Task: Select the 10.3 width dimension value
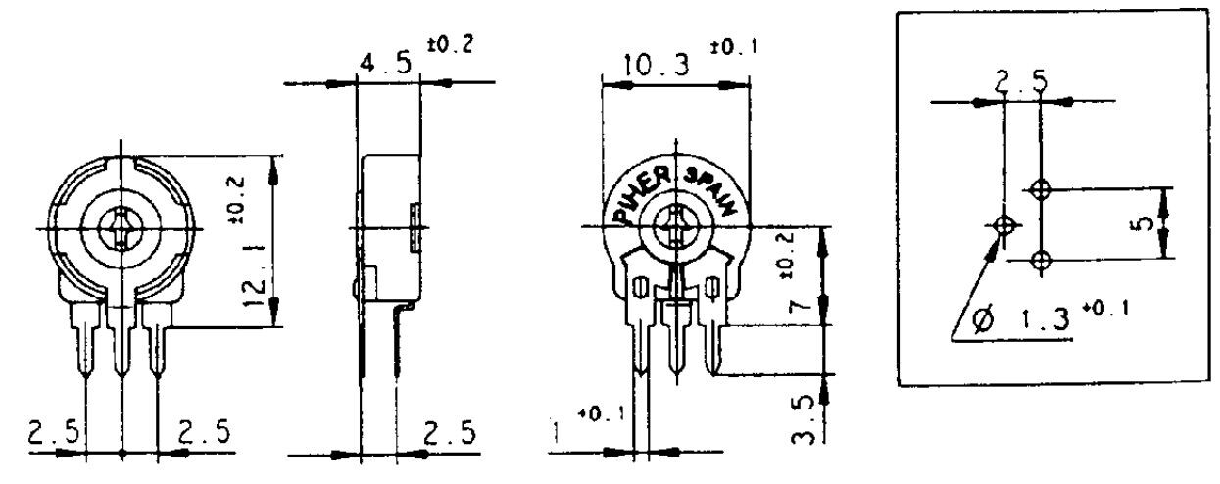click(x=654, y=66)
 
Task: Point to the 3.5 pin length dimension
click(x=803, y=418)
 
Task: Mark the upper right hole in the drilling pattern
click(x=1041, y=187)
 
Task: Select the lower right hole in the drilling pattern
click(x=1041, y=260)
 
